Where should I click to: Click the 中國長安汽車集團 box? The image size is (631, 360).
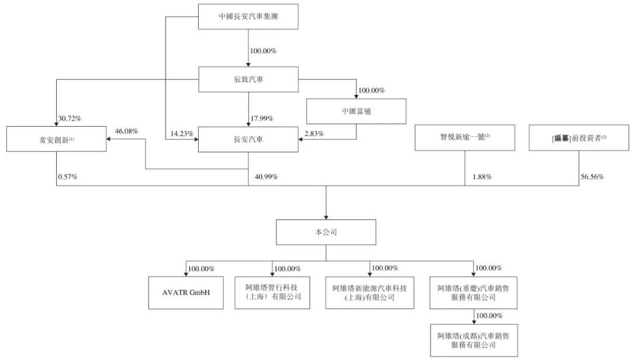(x=248, y=17)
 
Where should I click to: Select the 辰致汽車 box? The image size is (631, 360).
(x=248, y=79)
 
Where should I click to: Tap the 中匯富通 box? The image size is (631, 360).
(x=356, y=111)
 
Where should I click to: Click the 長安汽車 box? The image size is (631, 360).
(x=248, y=139)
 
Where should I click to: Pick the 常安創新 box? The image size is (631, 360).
(x=57, y=139)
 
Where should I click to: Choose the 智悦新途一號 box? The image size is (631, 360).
(x=465, y=139)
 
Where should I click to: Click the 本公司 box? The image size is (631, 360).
(x=325, y=232)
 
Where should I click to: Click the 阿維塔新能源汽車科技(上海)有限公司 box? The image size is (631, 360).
(x=369, y=292)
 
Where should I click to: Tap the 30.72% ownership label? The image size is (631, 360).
(x=70, y=119)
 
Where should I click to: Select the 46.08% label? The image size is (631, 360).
(x=127, y=131)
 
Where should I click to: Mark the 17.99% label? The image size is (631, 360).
(x=262, y=119)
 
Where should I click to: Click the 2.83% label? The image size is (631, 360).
(x=313, y=134)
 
